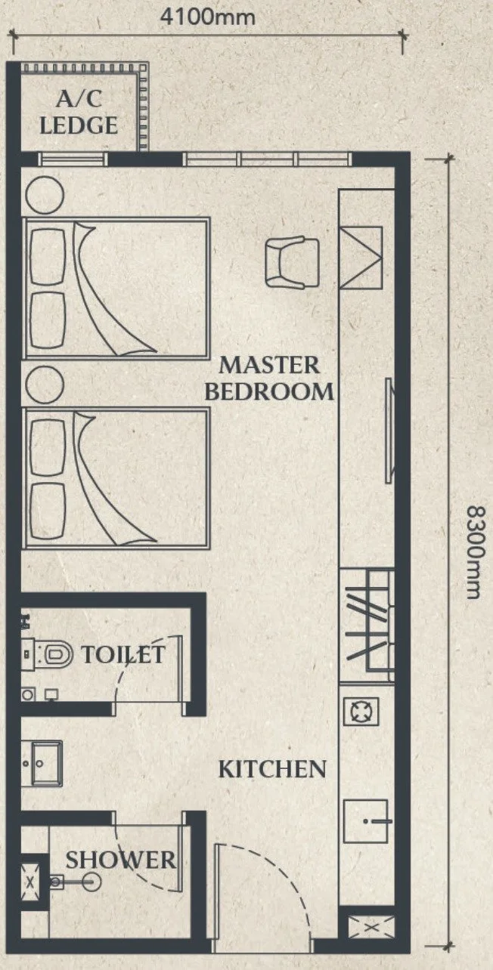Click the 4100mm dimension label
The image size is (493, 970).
point(208,17)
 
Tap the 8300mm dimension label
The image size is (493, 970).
point(474,552)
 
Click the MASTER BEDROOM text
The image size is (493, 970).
point(269,378)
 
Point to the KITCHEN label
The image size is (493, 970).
point(272,769)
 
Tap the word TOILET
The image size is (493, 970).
point(123,654)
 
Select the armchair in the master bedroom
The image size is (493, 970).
point(292,262)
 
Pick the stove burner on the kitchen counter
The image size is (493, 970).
point(361,711)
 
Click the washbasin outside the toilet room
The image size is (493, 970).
point(42,764)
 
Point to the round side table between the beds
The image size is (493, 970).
point(45,385)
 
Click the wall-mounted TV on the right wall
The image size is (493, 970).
point(389,431)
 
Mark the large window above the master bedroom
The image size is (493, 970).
point(268,159)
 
